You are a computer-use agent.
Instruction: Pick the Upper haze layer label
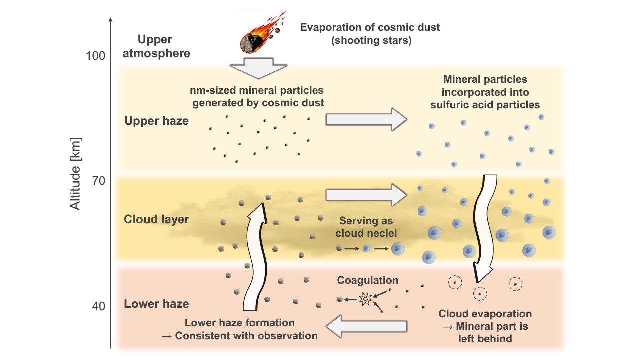pyautogui.click(x=156, y=121)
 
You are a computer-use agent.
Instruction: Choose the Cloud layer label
pyautogui.click(x=156, y=219)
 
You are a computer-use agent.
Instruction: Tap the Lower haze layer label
pyautogui.click(x=156, y=304)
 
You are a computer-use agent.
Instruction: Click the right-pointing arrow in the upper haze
pyautogui.click(x=366, y=119)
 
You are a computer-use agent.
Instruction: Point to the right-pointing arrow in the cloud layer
pyautogui.click(x=366, y=194)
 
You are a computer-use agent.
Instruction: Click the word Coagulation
pyautogui.click(x=368, y=281)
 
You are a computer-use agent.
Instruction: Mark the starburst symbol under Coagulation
pyautogui.click(x=365, y=299)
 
